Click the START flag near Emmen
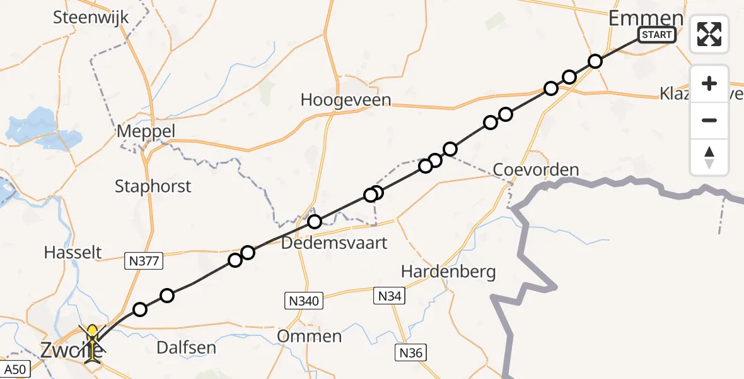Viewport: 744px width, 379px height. click(658, 35)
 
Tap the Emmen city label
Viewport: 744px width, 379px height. click(646, 18)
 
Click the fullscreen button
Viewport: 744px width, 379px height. click(709, 34)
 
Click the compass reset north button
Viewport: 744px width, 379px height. click(709, 157)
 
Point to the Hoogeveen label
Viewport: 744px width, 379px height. click(346, 100)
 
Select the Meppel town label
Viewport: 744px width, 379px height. click(146, 132)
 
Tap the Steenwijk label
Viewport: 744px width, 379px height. click(91, 17)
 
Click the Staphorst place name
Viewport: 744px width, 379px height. click(153, 186)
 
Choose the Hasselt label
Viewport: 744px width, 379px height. click(73, 253)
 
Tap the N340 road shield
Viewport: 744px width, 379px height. click(303, 301)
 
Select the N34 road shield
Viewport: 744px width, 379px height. click(391, 296)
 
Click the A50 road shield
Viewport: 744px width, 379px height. click(13, 369)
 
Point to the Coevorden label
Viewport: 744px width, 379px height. click(527, 170)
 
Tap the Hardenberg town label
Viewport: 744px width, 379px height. click(448, 272)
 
